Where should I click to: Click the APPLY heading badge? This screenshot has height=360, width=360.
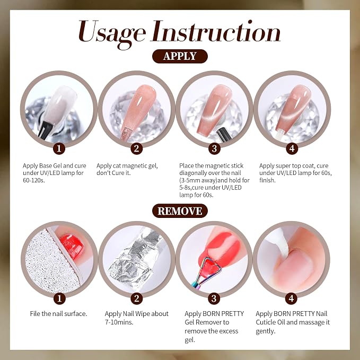[x=180, y=56]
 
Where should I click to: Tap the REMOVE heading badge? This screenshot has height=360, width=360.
[x=180, y=211]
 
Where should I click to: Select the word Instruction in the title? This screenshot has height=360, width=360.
[x=216, y=31]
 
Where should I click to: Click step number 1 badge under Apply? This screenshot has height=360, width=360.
[x=59, y=148]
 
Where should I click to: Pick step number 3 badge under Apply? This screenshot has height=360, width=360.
[x=214, y=148]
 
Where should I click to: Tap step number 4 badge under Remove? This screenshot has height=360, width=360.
[x=292, y=298]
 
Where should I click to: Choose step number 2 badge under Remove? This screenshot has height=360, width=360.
[x=137, y=298]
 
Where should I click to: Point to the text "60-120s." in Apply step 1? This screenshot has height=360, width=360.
[x=33, y=180]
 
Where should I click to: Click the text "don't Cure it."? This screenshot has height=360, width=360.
[x=113, y=173]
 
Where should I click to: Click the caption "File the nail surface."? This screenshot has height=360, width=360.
[x=58, y=314]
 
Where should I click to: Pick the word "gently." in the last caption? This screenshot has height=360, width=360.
[x=266, y=331]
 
